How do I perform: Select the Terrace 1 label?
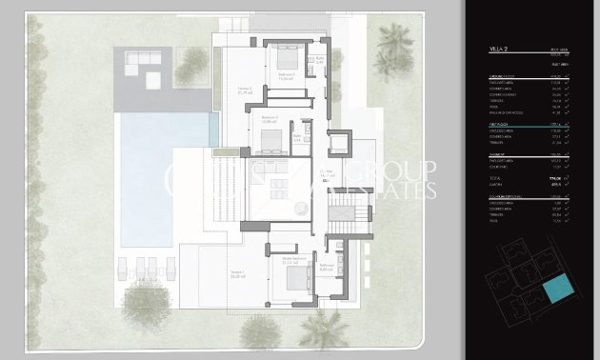210,274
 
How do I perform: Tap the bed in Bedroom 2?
269,144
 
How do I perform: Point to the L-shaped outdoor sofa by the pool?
144,64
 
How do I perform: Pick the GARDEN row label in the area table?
496,185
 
